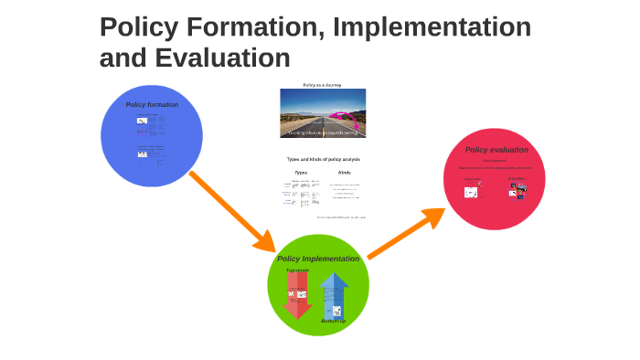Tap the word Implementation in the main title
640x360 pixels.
(432, 27)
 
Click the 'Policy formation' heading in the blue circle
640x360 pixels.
(152, 104)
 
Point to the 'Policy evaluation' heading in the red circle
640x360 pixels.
(496, 150)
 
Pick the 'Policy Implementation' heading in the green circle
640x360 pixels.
(318, 259)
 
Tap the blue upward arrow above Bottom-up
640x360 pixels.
(335, 292)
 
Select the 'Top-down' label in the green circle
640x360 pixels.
(297, 270)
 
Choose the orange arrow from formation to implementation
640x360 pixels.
(232, 211)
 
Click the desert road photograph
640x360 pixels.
(322, 112)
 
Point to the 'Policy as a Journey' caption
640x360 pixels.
(322, 85)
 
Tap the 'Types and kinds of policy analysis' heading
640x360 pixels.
(323, 159)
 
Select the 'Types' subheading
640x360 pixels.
(301, 172)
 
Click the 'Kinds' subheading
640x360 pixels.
(345, 172)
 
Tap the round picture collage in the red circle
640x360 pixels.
(517, 190)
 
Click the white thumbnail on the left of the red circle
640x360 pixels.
(472, 192)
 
